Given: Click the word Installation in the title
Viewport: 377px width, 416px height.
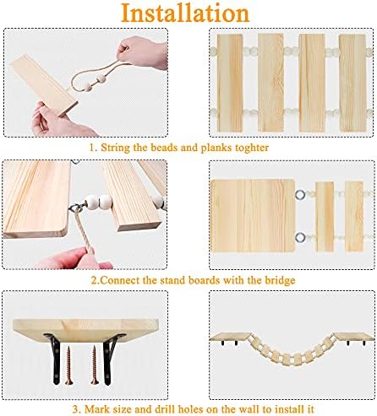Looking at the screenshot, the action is pyautogui.click(x=185, y=13).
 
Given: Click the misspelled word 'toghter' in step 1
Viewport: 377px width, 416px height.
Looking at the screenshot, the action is pyautogui.click(x=252, y=148).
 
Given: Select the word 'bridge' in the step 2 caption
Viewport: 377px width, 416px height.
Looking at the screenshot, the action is pyautogui.click(x=280, y=280).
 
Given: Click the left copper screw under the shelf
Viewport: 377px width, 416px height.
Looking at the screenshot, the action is pyautogui.click(x=68, y=365).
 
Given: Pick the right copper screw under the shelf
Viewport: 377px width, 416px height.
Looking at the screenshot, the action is pyautogui.click(x=95, y=365).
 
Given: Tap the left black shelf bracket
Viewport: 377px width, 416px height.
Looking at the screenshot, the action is pyautogui.click(x=54, y=359).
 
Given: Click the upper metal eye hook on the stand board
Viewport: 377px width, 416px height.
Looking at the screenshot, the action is pyautogui.click(x=300, y=194).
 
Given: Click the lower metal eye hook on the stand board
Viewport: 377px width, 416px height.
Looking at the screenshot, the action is pyautogui.click(x=300, y=237).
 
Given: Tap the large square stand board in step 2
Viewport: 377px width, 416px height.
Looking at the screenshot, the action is pyautogui.click(x=253, y=215).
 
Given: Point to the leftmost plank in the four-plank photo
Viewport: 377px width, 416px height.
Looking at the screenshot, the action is pyautogui.click(x=230, y=83).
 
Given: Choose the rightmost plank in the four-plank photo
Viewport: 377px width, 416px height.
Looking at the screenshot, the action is pyautogui.click(x=352, y=83).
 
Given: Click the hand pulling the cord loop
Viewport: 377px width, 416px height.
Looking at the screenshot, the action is pyautogui.click(x=143, y=52).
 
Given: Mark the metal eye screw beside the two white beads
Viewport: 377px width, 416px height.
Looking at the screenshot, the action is pyautogui.click(x=76, y=208).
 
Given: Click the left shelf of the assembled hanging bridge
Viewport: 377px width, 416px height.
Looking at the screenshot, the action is pyautogui.click(x=231, y=337).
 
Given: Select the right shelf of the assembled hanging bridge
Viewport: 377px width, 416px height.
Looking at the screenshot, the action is pyautogui.click(x=353, y=336).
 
